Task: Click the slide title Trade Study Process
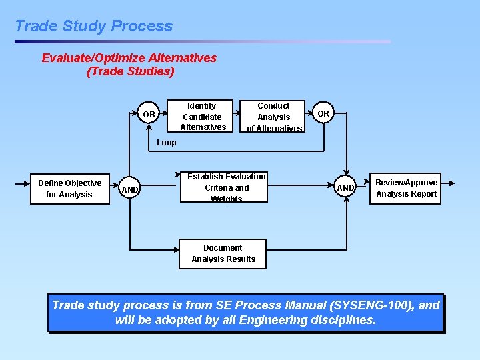pyautogui.click(x=93, y=26)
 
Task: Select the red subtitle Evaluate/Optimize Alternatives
pyautogui.click(x=129, y=58)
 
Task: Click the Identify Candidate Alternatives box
pyautogui.click(x=203, y=116)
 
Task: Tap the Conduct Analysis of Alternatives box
pyautogui.click(x=273, y=117)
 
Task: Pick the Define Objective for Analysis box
pyautogui.click(x=69, y=189)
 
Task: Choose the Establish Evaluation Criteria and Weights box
pyautogui.click(x=226, y=187)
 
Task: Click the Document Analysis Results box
pyautogui.click(x=223, y=253)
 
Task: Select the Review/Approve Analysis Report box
pyautogui.click(x=406, y=188)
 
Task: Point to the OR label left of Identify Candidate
pyautogui.click(x=149, y=115)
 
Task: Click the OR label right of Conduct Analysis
pyautogui.click(x=323, y=113)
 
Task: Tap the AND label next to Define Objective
pyautogui.click(x=130, y=190)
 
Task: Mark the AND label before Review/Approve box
pyautogui.click(x=345, y=188)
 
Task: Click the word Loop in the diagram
pyautogui.click(x=166, y=143)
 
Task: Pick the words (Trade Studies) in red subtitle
pyautogui.click(x=131, y=71)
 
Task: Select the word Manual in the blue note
pyautogui.click(x=305, y=305)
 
